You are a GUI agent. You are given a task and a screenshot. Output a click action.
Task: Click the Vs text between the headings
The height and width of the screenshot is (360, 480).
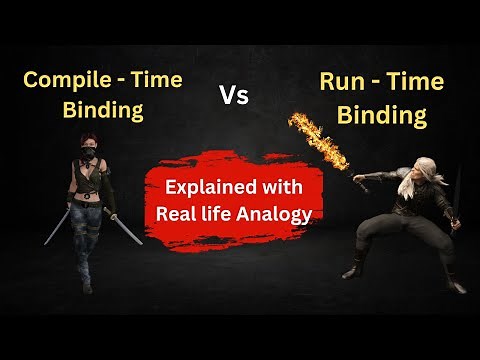(234, 96)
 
